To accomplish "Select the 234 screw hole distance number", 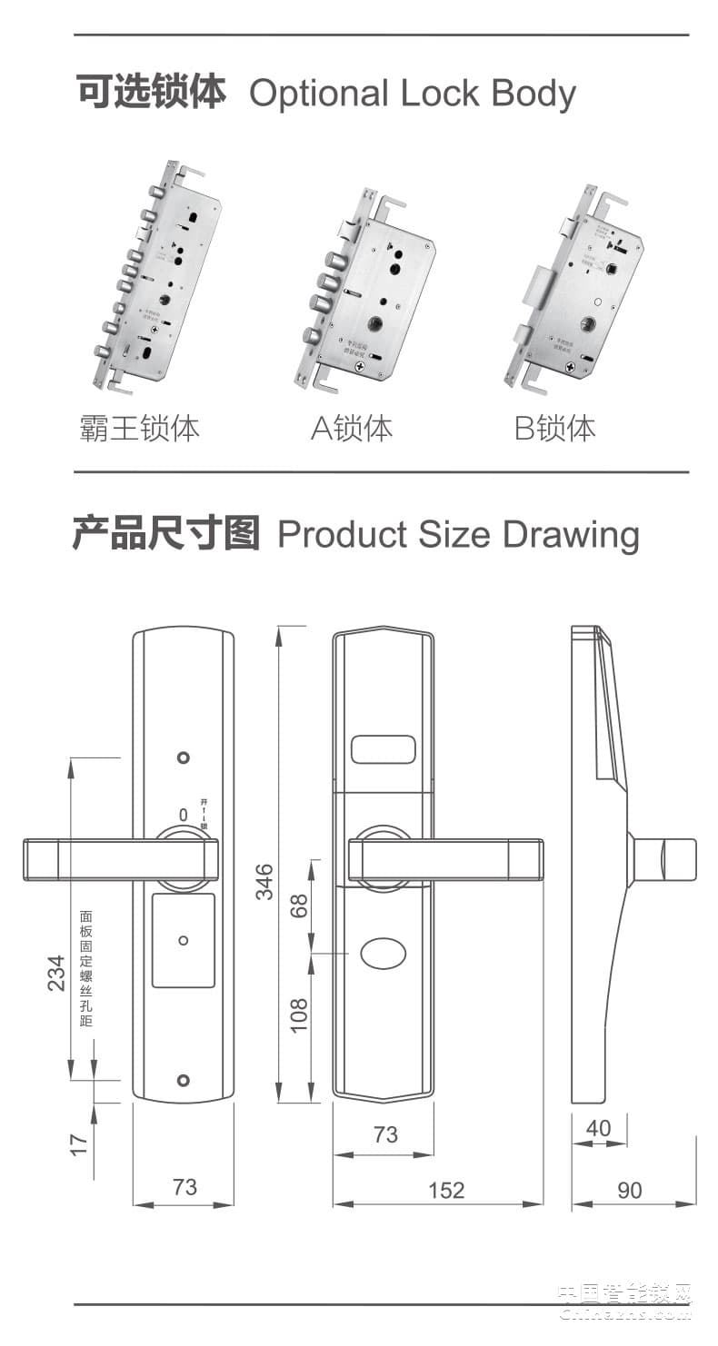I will click(57, 973).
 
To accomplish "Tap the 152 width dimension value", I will click(445, 1190).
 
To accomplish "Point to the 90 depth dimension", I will click(629, 1190).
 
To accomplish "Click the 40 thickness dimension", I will click(598, 1128).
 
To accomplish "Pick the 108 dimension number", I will click(299, 1014).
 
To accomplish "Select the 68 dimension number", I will click(299, 906).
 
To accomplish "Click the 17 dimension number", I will click(80, 1143).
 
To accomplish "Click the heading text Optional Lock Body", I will click(413, 94).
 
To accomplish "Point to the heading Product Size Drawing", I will click(458, 534).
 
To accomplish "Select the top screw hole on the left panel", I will click(184, 757).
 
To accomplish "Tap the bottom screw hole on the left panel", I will click(184, 1080).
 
